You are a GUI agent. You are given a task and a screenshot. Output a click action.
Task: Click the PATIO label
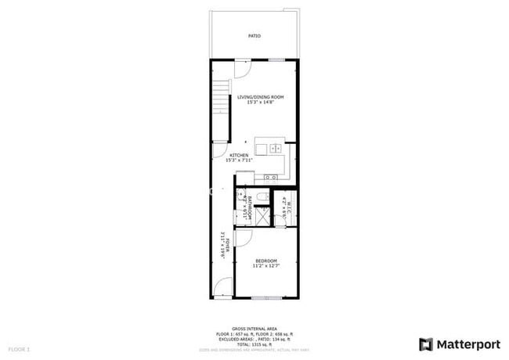coord(254,36)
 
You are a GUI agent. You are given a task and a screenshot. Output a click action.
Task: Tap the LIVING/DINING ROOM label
coord(261,97)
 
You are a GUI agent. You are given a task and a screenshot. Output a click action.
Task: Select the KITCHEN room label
coord(240,156)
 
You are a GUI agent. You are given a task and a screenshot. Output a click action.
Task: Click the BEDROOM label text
coord(266,261)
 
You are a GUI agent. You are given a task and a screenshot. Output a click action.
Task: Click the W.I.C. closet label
coord(288,209)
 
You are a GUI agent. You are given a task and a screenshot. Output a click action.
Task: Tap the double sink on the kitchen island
coord(276,147)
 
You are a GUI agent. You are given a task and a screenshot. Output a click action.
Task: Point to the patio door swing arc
coord(244,67)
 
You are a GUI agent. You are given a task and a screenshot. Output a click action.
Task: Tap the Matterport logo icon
coord(425,344)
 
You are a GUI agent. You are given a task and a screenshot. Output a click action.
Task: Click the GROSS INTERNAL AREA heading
coord(254,328)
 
